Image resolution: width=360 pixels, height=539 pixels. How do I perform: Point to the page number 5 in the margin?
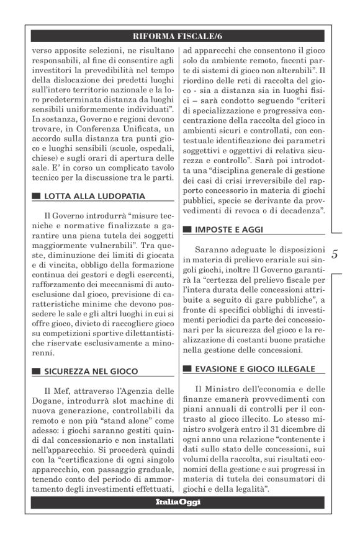click(335, 254)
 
